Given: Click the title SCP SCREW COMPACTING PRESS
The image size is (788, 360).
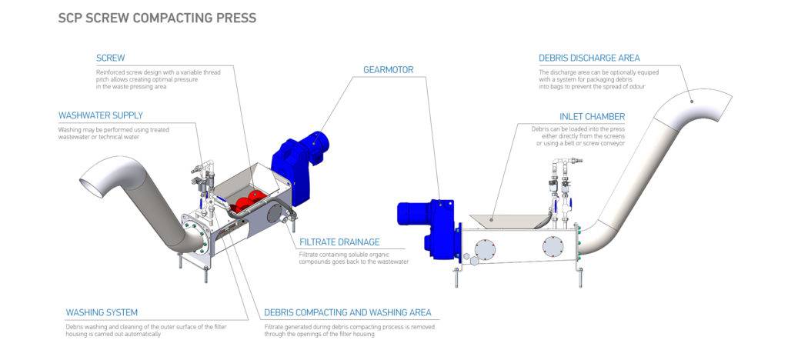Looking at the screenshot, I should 157,17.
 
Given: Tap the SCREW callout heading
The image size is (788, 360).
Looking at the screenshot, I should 110,58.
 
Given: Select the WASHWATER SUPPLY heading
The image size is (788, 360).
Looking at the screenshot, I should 100,115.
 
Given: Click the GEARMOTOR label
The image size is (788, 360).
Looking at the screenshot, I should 388,70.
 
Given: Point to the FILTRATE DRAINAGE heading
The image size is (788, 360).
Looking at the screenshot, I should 339,242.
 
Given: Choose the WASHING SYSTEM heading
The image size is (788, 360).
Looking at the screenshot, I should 102,312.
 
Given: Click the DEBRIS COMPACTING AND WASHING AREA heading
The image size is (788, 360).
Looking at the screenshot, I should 347,312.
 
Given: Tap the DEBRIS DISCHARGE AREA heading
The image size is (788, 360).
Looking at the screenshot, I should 589,58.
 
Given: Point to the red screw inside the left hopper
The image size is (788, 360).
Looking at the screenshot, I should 245,202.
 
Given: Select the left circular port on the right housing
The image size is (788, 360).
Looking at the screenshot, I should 485,248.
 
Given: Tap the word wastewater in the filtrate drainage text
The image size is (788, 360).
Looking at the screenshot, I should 391,262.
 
